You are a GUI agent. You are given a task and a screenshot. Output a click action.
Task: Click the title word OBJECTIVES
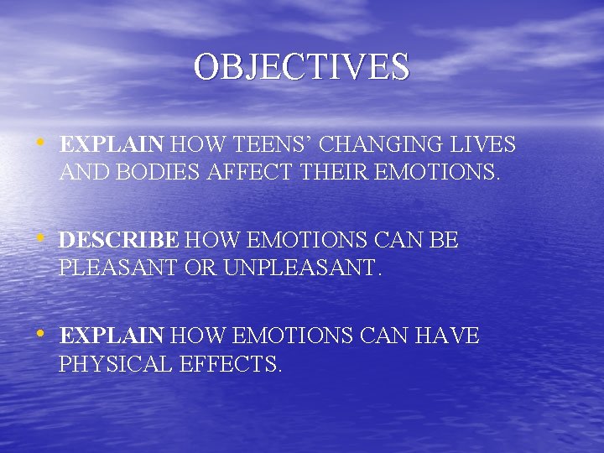tap(302, 67)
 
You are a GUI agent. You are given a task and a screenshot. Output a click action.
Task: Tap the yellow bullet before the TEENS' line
tap(40, 143)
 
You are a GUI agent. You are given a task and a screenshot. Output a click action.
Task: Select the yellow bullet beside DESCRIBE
tap(40, 239)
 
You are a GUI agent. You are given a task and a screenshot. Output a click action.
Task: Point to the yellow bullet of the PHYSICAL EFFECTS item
tap(40, 336)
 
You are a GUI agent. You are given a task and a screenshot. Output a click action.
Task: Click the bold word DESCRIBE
tap(118, 241)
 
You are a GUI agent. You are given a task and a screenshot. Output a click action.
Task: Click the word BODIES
tap(148, 174)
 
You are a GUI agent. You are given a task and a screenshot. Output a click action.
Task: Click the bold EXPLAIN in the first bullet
tap(112, 144)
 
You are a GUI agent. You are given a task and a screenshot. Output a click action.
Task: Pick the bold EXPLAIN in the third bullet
tap(112, 337)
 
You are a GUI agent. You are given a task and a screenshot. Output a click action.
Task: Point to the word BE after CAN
tap(442, 241)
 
